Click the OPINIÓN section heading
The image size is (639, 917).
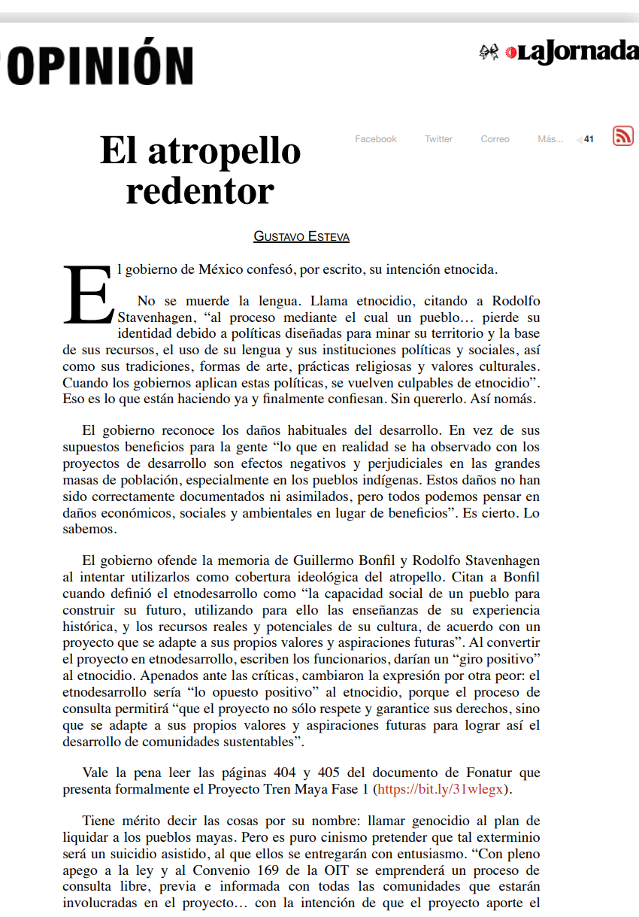(98, 65)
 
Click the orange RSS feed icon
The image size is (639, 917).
(623, 135)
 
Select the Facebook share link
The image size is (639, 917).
(376, 139)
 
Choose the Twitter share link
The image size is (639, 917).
(438, 139)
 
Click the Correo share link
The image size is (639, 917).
(495, 139)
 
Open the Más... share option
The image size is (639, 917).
(550, 139)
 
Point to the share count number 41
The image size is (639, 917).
(589, 139)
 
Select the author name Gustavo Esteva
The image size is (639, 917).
(301, 236)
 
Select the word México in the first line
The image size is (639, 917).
(221, 269)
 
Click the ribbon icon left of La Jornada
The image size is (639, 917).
(489, 52)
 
